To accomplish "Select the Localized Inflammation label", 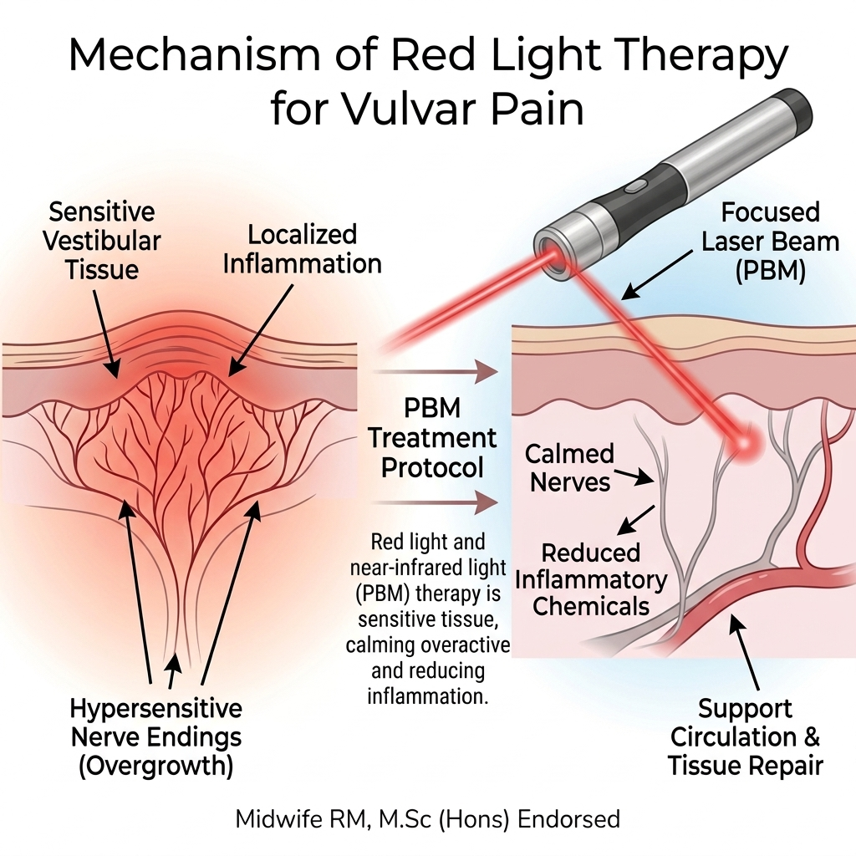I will pyautogui.click(x=303, y=248).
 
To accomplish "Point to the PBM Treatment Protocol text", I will pyautogui.click(x=432, y=438).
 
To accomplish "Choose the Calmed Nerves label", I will pyautogui.click(x=569, y=467).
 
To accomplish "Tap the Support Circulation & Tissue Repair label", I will pyautogui.click(x=746, y=737).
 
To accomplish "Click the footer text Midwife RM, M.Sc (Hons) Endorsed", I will pyautogui.click(x=428, y=818).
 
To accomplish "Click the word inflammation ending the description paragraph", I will pyautogui.click(x=427, y=695).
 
